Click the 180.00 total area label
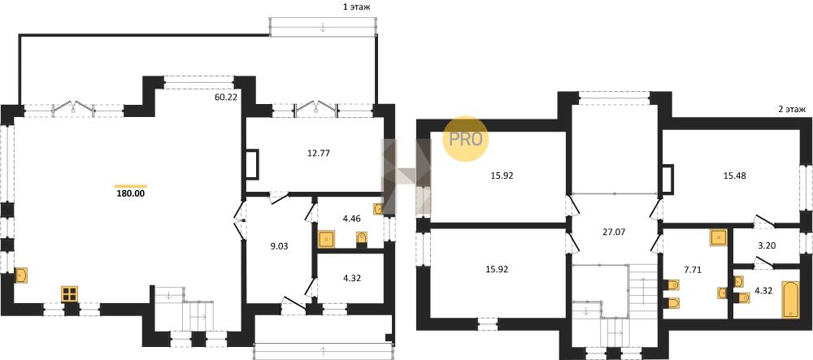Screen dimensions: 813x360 tap(131, 194)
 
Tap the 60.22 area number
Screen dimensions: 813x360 tap(225, 97)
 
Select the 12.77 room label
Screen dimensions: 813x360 tap(319, 153)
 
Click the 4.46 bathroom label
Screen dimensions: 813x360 tap(350, 218)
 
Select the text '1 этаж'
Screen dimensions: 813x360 tap(356, 7)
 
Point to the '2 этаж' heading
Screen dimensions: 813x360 tap(792, 109)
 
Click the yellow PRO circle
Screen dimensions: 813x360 tap(465, 139)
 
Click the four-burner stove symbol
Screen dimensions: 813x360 tap(69, 294)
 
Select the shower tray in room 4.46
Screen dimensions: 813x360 tap(327, 239)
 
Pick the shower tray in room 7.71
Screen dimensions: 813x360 tap(720, 238)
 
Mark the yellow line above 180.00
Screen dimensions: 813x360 tap(131, 186)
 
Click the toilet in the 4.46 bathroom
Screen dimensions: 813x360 tap(362, 239)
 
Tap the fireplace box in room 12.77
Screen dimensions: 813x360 tap(253, 164)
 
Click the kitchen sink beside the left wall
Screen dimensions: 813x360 tap(21, 275)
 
